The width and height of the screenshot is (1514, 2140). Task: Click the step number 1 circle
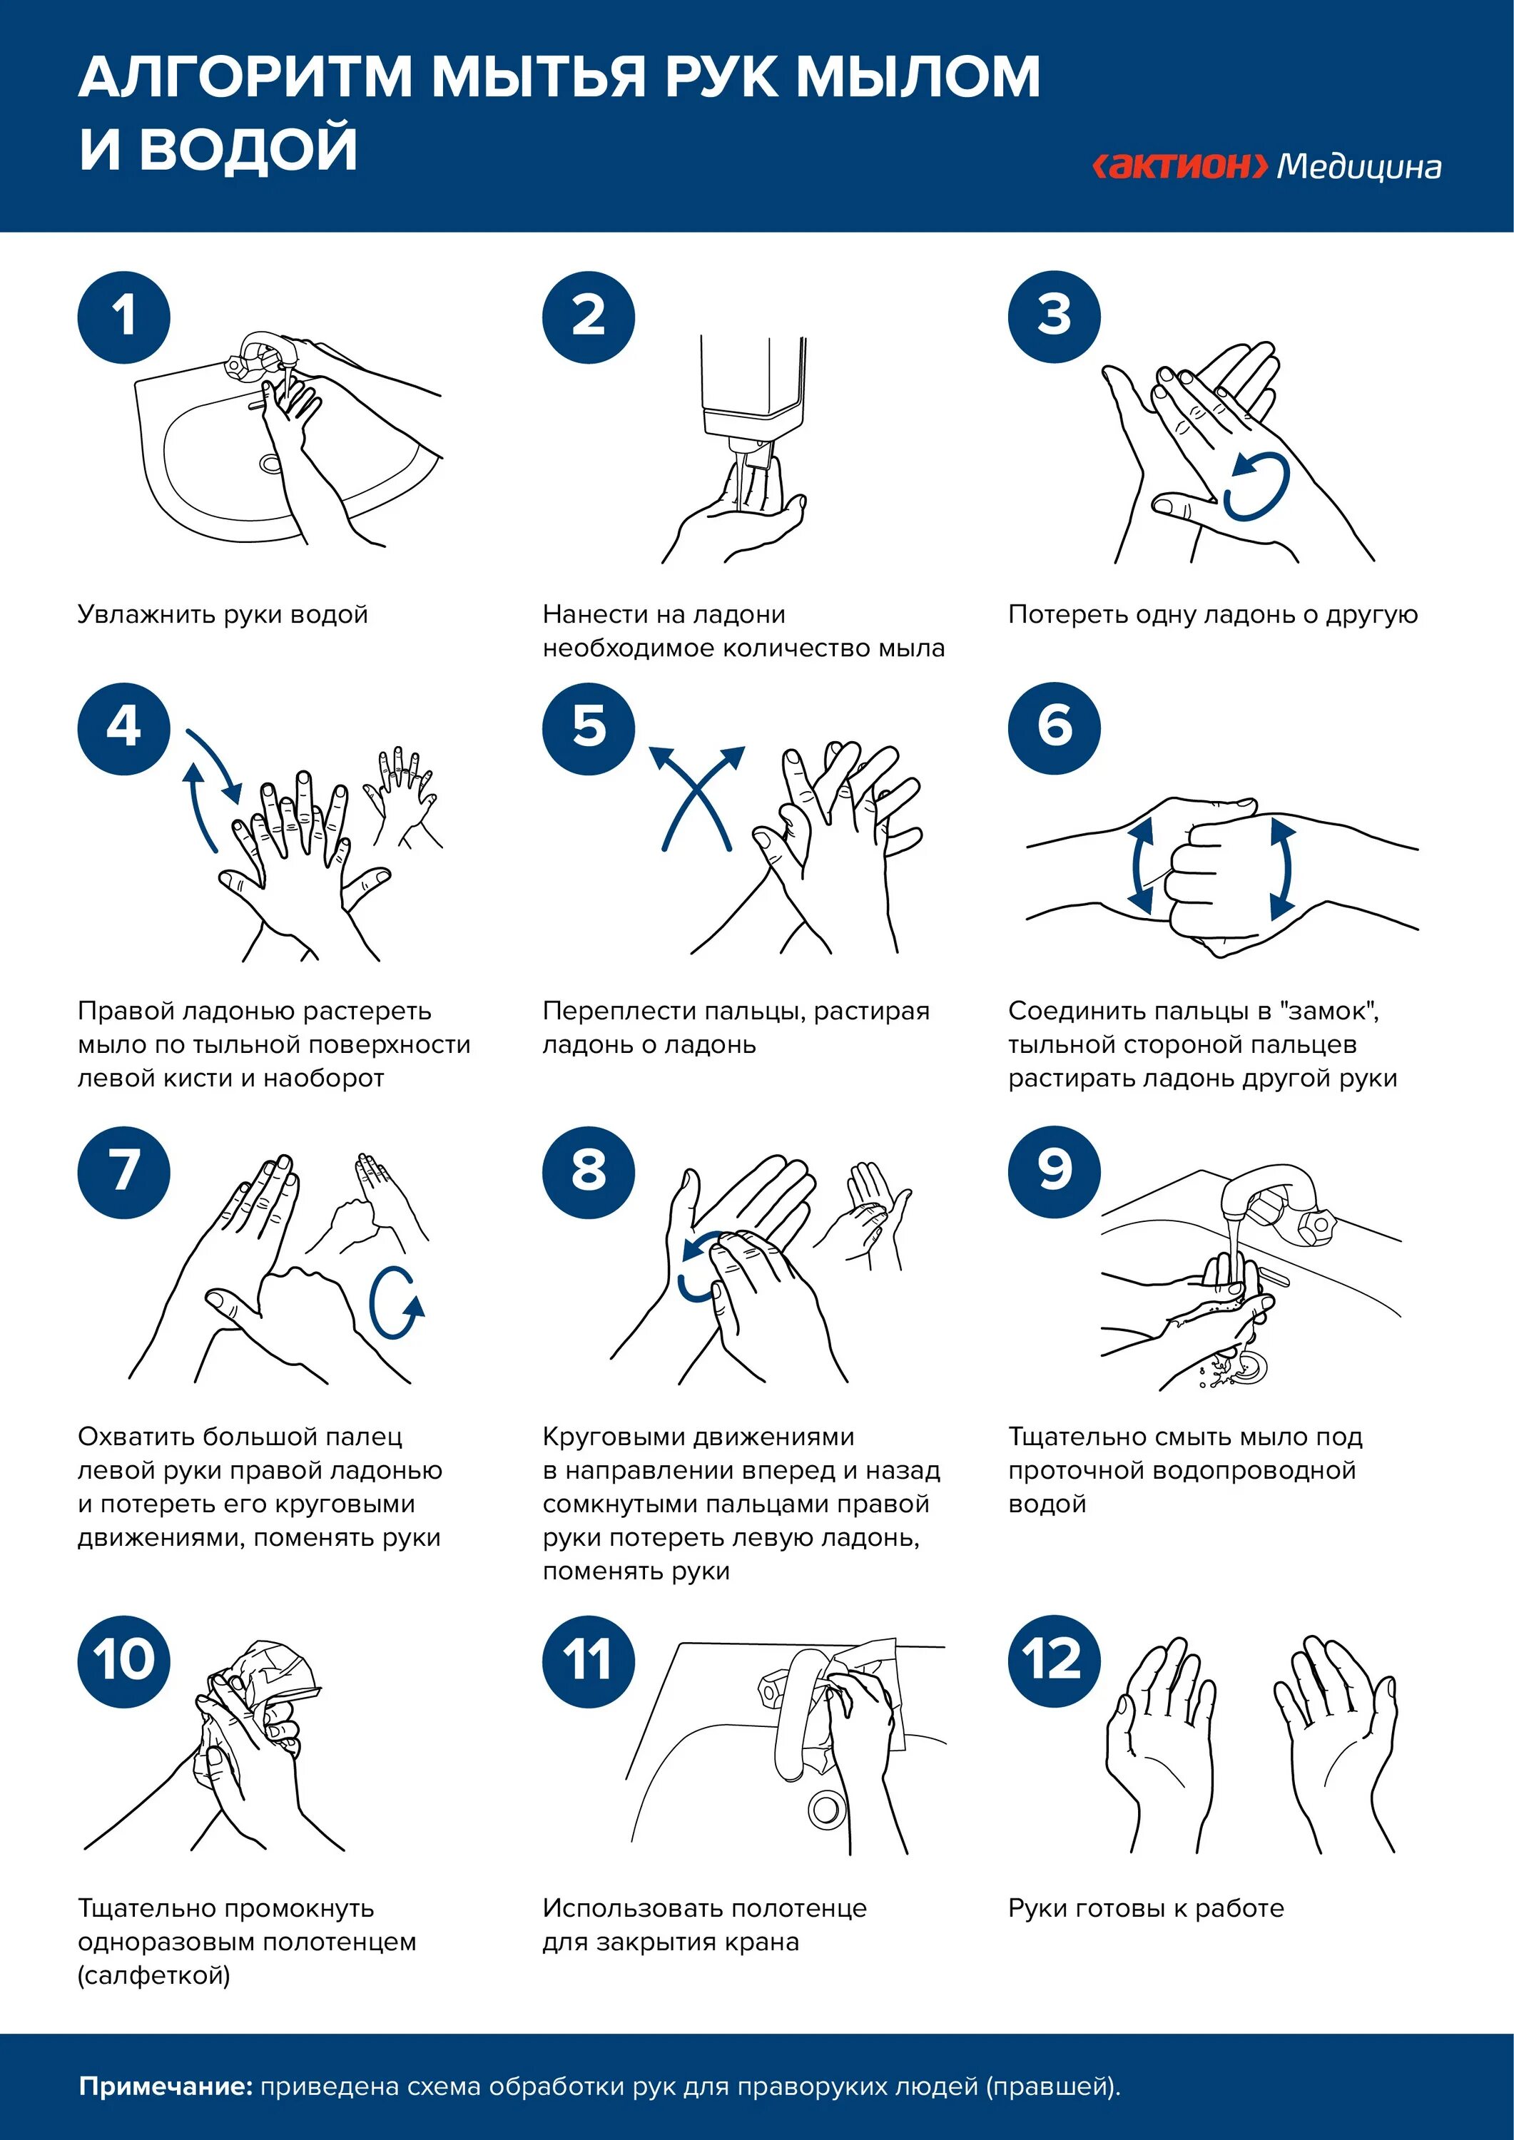124,317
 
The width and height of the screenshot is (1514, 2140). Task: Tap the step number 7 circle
124,1171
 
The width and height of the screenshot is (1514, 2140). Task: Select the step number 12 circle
1054,1661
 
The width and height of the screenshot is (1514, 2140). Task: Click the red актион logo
1179,166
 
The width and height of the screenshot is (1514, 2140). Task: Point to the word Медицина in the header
1358,167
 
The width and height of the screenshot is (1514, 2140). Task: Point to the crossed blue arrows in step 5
697,797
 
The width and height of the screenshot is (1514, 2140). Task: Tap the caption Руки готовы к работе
1146,1908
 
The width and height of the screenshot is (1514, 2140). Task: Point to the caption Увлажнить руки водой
223,614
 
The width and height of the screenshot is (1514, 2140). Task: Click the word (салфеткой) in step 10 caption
154,1975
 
